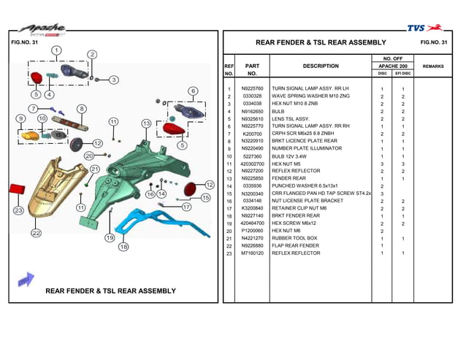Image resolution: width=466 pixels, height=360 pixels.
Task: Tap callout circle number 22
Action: [36, 233]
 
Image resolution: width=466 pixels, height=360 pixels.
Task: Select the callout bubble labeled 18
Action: [123, 247]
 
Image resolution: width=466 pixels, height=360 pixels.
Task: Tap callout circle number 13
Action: [146, 123]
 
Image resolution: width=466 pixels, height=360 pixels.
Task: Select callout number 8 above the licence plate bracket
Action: [82, 109]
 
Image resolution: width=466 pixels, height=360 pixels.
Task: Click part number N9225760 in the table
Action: [252, 89]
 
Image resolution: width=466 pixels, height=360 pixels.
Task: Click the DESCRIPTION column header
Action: [320, 66]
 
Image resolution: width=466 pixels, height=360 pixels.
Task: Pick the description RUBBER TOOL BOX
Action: [294, 238]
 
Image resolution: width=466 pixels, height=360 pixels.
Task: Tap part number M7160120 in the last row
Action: [252, 253]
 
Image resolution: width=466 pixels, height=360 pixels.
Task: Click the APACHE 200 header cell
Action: [392, 66]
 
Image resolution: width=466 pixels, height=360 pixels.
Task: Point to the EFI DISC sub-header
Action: [402, 74]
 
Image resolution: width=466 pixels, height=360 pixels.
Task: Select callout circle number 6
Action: [193, 91]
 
